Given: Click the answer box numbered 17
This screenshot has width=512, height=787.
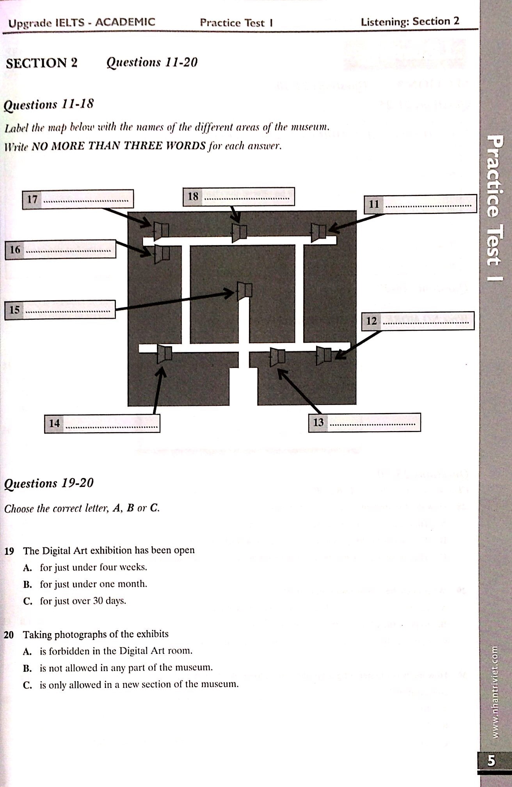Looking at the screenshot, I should pyautogui.click(x=78, y=199).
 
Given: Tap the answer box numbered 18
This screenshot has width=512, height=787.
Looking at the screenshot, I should pyautogui.click(x=238, y=196).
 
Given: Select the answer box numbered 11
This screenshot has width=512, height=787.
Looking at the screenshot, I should pyautogui.click(x=420, y=204).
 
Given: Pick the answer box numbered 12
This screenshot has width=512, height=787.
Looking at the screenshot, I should pyautogui.click(x=418, y=320).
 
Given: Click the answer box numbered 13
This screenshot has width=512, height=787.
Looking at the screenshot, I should pyautogui.click(x=364, y=422).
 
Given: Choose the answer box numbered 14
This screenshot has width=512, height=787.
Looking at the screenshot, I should pyautogui.click(x=102, y=423).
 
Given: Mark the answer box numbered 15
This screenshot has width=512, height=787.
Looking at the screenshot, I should pyautogui.click(x=60, y=310).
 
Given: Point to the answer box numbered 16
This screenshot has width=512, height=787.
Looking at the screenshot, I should pyautogui.click(x=60, y=249).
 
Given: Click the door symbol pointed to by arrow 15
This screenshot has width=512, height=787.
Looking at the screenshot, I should pyautogui.click(x=245, y=291).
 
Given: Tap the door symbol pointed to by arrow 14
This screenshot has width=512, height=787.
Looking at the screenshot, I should pyautogui.click(x=165, y=354).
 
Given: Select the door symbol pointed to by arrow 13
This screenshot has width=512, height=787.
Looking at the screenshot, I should pyautogui.click(x=277, y=357).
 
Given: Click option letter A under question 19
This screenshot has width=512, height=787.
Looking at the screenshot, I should pyautogui.click(x=27, y=568).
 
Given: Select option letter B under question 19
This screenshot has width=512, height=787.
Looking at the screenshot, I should pyautogui.click(x=27, y=585).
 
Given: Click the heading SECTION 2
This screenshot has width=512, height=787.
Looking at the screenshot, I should pyautogui.click(x=42, y=63).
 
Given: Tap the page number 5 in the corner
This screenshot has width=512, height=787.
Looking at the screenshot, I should pyautogui.click(x=491, y=760).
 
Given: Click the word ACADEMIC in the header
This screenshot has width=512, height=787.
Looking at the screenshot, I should pyautogui.click(x=125, y=22).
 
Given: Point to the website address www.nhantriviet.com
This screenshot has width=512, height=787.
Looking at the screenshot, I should pyautogui.click(x=494, y=691).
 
